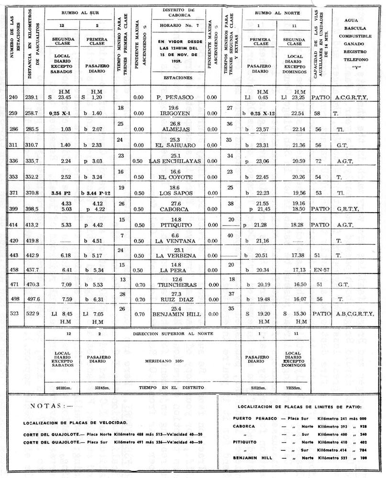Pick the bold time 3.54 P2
[x=60, y=191]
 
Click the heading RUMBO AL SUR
[x=79, y=13]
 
